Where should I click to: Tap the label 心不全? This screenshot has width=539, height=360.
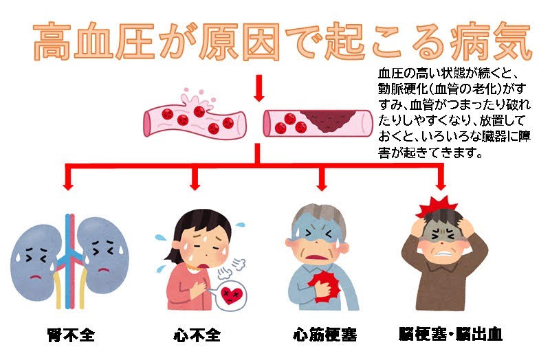coord(197,335)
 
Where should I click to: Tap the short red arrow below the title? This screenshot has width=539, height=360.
coord(259,87)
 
